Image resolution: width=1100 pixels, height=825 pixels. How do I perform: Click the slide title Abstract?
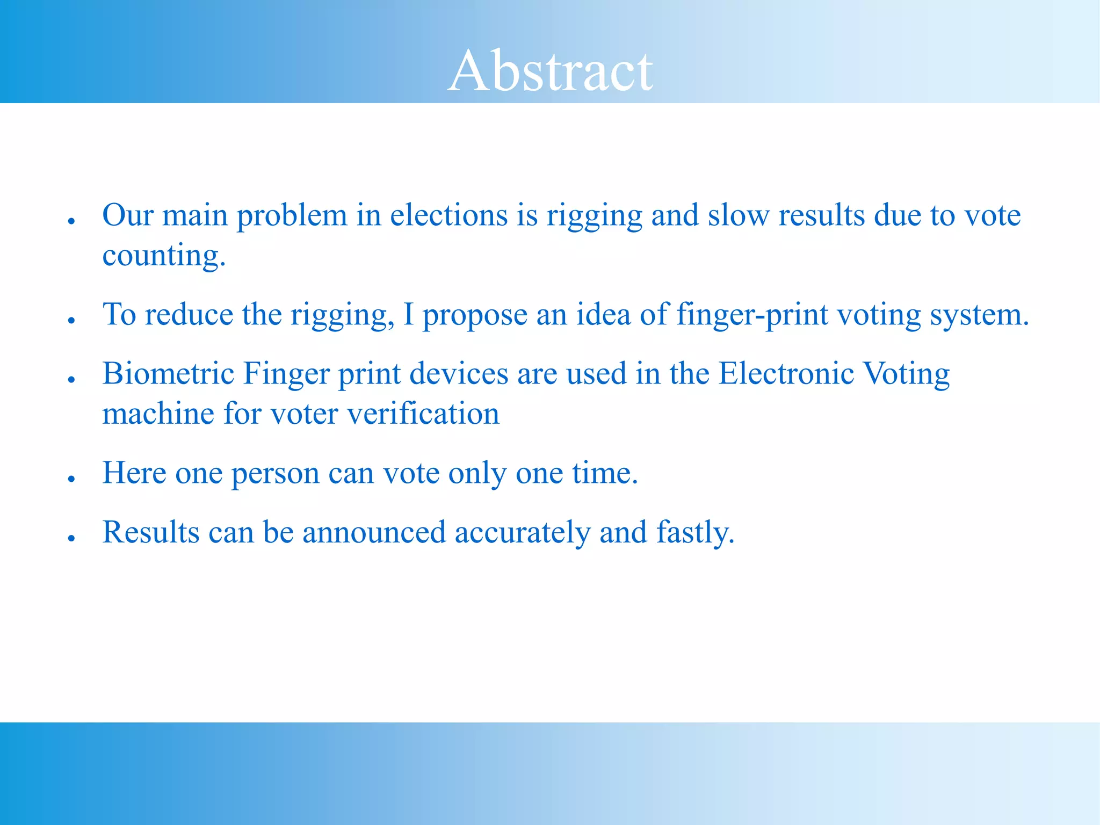pyautogui.click(x=550, y=70)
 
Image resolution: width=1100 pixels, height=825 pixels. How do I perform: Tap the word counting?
pyautogui.click(x=164, y=256)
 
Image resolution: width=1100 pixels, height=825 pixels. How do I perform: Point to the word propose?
pyautogui.click(x=475, y=315)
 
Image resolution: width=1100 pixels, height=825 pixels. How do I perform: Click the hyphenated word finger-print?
pyautogui.click(x=752, y=315)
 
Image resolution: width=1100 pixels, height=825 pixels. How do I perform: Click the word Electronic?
pyautogui.click(x=786, y=374)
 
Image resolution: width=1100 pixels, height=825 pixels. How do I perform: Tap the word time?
pyautogui.click(x=605, y=474)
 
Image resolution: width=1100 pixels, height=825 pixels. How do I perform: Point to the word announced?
pyautogui.click(x=374, y=533)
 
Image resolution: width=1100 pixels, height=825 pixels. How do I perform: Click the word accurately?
pyautogui.click(x=522, y=533)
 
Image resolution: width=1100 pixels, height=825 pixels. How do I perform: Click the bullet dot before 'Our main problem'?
pyautogui.click(x=71, y=221)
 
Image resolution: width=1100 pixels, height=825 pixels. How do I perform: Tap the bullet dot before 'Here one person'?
pyautogui.click(x=71, y=479)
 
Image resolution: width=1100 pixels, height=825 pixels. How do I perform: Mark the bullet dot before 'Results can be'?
pyautogui.click(x=71, y=538)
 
